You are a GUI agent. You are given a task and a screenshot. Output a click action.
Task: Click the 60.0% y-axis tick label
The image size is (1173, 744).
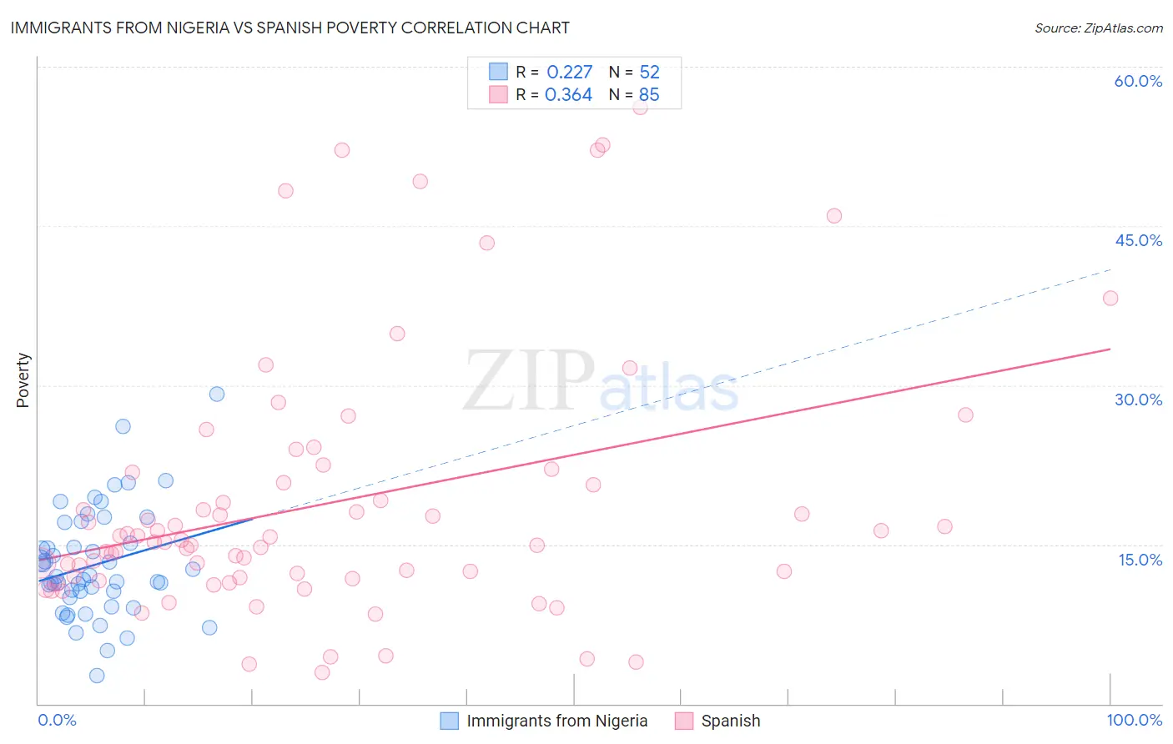click(x=1138, y=81)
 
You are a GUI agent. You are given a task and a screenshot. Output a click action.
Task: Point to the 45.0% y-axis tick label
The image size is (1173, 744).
click(x=1138, y=240)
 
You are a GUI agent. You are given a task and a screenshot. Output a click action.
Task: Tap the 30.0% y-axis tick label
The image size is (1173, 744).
click(x=1138, y=400)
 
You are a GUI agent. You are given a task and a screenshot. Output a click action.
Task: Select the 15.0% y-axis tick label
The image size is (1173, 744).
click(x=1140, y=560)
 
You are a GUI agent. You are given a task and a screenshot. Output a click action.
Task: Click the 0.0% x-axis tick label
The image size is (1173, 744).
click(x=57, y=720)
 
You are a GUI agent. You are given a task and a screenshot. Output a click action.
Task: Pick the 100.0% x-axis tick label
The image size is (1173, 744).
click(x=1134, y=720)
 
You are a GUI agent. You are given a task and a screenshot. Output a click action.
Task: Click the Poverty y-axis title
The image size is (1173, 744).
click(x=23, y=380)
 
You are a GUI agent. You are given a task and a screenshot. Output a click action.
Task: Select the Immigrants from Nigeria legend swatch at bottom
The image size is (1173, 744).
click(x=449, y=721)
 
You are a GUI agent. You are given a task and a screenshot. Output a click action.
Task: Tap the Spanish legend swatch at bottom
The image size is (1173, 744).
click(x=684, y=721)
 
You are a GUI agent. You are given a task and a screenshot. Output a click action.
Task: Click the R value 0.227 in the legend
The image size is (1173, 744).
click(x=569, y=73)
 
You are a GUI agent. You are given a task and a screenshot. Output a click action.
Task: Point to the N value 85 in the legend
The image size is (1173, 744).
click(x=648, y=95)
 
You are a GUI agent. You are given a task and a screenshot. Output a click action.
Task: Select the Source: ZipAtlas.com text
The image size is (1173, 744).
click(x=1098, y=28)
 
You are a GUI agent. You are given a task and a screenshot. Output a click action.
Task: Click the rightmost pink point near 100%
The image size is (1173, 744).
click(x=1110, y=298)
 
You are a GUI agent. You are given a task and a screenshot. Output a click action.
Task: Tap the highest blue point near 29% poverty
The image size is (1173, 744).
click(x=217, y=394)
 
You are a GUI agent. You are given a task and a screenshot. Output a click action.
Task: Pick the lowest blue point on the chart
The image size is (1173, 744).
click(x=97, y=676)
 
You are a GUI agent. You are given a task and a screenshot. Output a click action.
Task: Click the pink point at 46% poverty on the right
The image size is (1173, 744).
click(x=833, y=216)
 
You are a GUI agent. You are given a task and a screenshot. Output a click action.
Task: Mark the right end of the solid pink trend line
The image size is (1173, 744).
click(x=1110, y=349)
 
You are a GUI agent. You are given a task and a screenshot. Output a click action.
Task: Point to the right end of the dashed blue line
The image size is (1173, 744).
click(x=1110, y=269)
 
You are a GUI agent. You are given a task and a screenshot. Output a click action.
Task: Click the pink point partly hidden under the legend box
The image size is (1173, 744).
click(x=640, y=107)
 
